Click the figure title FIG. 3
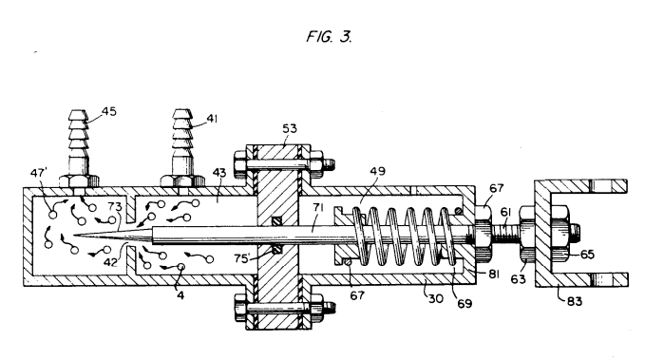tap(329, 37)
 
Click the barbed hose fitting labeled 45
tap(78, 149)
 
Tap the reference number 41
tap(212, 119)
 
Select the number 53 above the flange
tap(290, 128)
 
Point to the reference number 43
tap(219, 172)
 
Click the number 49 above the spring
tap(378, 170)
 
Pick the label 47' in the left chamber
tap(39, 172)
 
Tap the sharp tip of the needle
tap(74, 236)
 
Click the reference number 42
tap(110, 261)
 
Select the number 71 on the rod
tap(318, 207)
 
